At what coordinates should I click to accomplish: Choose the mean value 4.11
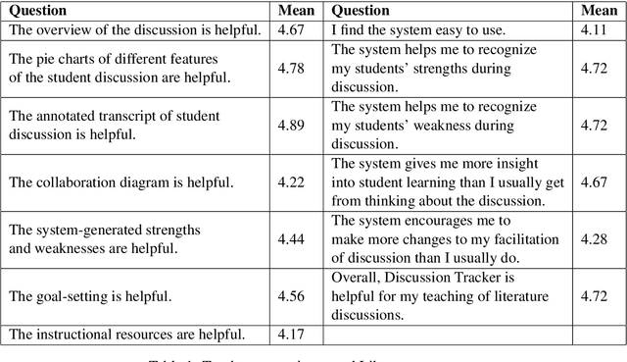coord(597,30)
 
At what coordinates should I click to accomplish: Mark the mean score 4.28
coord(597,238)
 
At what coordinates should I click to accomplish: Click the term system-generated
coord(85,230)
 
